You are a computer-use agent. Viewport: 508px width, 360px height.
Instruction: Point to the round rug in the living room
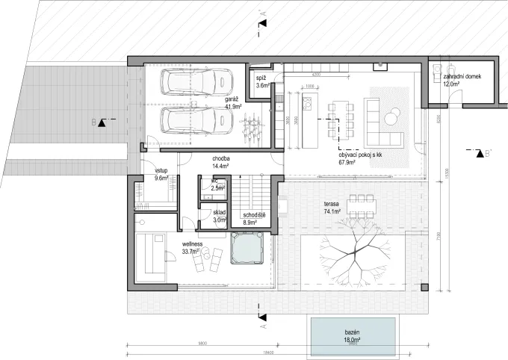coord(391,117)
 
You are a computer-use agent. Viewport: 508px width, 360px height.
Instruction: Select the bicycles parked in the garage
coord(255,125)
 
